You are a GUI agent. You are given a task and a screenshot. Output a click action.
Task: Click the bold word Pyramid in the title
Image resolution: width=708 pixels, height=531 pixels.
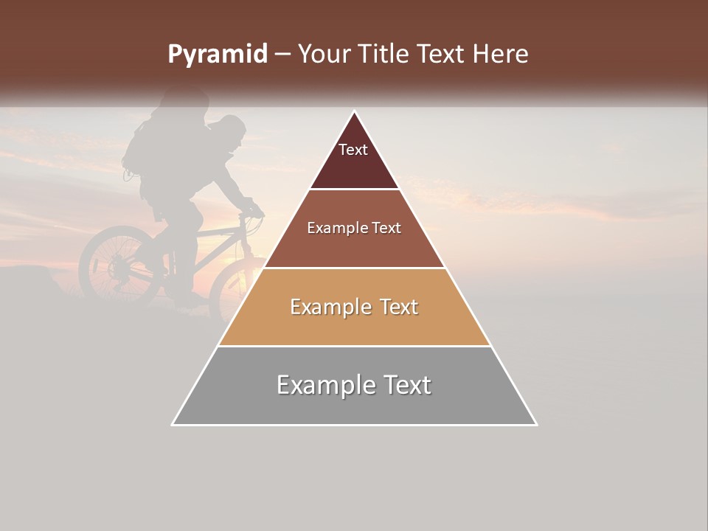[217, 54]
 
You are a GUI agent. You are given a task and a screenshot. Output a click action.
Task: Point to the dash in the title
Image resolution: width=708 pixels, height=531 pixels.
[282, 55]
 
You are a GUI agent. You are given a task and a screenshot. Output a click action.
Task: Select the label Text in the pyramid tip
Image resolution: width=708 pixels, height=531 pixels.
[353, 150]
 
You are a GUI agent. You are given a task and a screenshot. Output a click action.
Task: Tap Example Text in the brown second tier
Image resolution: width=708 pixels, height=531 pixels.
[354, 228]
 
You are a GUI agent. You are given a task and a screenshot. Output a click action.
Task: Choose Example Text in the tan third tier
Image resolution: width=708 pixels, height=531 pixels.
[354, 307]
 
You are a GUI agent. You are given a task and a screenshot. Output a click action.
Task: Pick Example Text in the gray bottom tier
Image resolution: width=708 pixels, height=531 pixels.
[354, 385]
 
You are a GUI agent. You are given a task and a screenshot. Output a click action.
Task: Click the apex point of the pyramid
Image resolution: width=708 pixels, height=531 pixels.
[355, 111]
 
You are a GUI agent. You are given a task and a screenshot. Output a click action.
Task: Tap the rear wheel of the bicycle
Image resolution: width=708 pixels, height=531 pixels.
[114, 262]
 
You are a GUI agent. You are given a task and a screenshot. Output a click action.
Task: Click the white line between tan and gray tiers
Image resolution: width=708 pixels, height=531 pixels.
[354, 346]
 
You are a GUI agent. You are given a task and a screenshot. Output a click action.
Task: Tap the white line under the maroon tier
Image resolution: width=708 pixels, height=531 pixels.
[354, 189]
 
